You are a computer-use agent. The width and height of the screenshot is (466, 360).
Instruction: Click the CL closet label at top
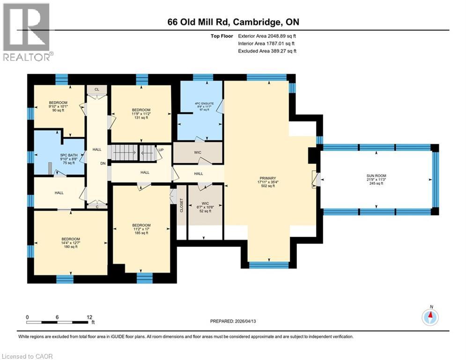coord(97,89)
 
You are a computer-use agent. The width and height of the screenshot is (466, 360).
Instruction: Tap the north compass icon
coord(429,317)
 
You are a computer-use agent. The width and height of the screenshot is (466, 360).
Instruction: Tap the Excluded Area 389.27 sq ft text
coord(267,51)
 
